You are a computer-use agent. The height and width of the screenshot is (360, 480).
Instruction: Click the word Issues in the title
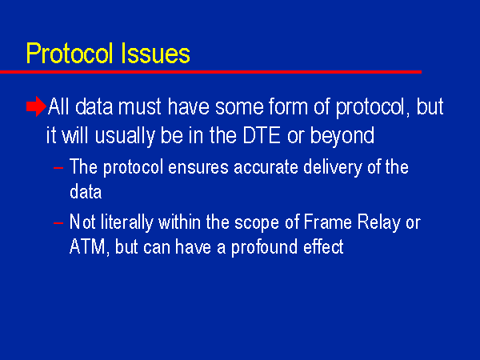tap(155, 54)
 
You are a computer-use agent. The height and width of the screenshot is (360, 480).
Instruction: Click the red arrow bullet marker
tap(36, 106)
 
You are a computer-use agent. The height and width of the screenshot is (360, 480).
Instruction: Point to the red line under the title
tap(210, 72)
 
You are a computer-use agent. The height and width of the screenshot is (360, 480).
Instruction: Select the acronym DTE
tap(261, 135)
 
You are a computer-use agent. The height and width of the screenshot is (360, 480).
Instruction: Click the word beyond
tap(342, 136)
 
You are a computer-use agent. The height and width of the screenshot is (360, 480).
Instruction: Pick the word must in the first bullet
tap(139, 107)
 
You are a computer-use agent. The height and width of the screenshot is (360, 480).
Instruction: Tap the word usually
tap(124, 136)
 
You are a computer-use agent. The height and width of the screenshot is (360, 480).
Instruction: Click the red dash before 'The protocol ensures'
tap(58, 168)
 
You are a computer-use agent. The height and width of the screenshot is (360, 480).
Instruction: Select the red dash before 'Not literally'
tap(58, 223)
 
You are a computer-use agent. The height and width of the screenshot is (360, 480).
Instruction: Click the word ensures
tap(198, 168)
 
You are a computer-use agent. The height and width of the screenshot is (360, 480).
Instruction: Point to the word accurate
tap(266, 168)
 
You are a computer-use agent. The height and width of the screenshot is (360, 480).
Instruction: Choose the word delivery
tap(333, 168)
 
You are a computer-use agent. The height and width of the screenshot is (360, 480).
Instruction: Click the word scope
tap(257, 223)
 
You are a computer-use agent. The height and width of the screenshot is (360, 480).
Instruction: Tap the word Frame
tap(327, 222)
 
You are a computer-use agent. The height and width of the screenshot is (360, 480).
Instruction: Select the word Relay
tap(379, 223)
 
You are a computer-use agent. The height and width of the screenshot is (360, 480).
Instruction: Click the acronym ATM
tap(88, 246)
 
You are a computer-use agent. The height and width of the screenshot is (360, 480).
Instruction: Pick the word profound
tap(264, 247)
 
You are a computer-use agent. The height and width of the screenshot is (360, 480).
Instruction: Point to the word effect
tap(323, 246)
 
